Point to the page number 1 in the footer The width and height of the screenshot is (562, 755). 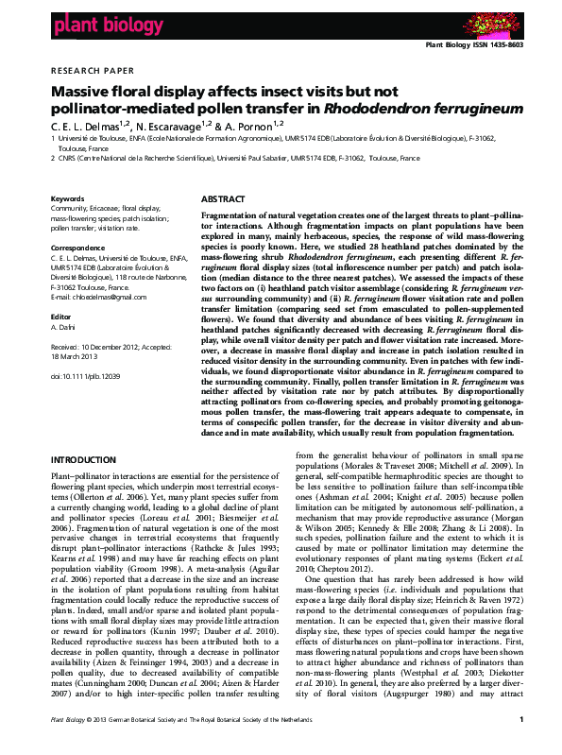coord(520,746)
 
